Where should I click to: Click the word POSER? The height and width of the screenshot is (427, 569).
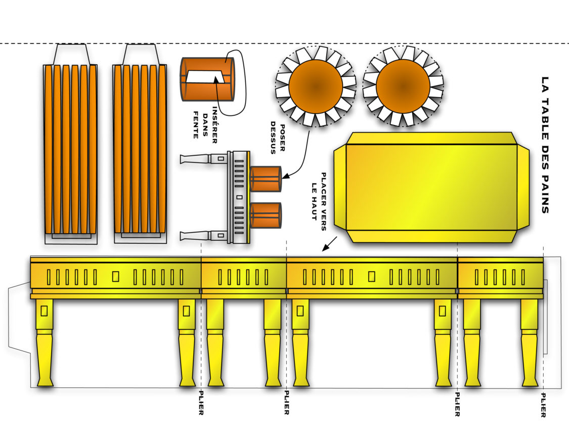(x=282, y=136)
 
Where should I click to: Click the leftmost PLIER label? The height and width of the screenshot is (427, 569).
(x=201, y=403)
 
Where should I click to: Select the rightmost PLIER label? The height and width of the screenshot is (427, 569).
(x=543, y=405)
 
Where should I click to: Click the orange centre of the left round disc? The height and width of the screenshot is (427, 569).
(x=315, y=86)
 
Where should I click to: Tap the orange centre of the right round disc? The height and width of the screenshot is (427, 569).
(x=403, y=86)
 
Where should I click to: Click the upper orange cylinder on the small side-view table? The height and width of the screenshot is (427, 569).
(x=265, y=179)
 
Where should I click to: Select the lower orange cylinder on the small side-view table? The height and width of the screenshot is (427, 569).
(x=265, y=215)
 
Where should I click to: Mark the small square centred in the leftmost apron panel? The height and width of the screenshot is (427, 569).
(x=115, y=276)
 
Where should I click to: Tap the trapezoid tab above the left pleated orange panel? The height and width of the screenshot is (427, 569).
(x=71, y=54)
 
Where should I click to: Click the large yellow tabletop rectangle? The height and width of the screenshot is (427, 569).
(x=431, y=187)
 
